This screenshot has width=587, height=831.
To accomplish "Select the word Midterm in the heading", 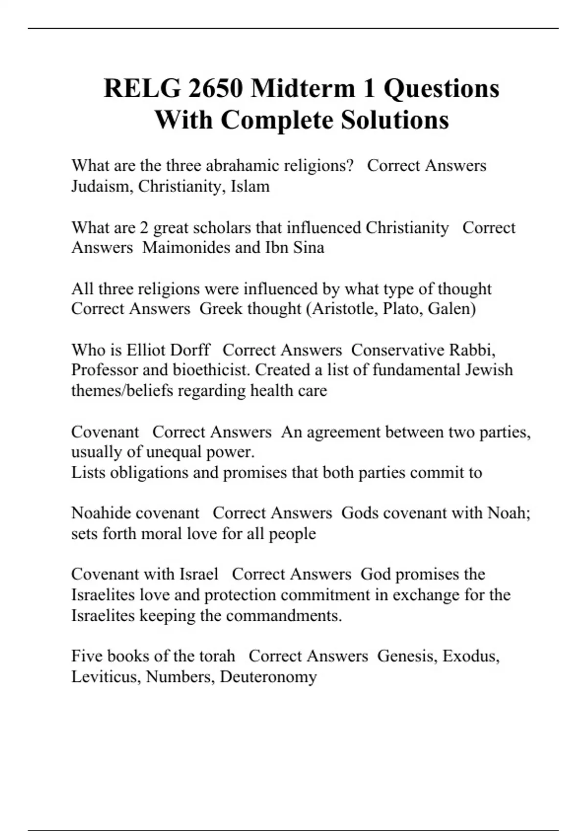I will [x=303, y=88].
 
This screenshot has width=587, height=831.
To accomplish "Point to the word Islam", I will [x=250, y=186].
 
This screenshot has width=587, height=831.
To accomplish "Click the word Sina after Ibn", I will [x=308, y=247].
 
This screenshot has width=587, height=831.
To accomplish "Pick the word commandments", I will [x=283, y=615].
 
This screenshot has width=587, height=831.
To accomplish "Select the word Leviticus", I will [x=106, y=677].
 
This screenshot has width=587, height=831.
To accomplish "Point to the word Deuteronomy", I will [x=268, y=677].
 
